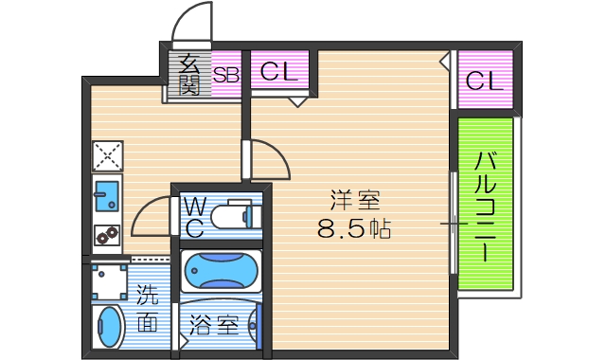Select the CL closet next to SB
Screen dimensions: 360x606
279,72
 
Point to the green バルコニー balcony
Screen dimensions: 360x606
485,204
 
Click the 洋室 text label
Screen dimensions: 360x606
355,201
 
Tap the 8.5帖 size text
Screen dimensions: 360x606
355,229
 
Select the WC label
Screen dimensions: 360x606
195,217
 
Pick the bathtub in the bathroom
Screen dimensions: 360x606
221,272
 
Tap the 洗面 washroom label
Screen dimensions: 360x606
148,309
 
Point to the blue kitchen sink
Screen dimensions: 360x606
107,195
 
